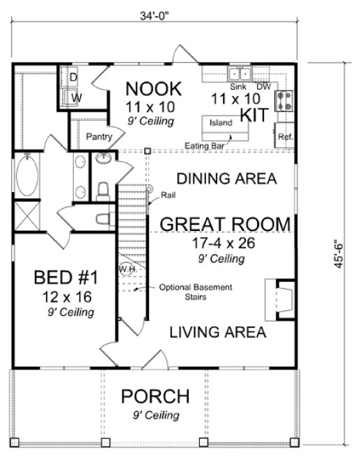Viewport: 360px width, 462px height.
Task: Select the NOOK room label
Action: [x=153, y=89]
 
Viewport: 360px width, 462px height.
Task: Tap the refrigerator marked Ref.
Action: [x=285, y=136]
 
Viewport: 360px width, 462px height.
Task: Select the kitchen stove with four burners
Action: [x=285, y=102]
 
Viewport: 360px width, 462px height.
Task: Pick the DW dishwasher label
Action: [x=264, y=87]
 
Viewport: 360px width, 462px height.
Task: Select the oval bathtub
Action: [x=28, y=176]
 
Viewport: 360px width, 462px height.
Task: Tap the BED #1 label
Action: [x=65, y=279]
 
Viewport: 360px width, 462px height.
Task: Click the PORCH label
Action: [x=155, y=397]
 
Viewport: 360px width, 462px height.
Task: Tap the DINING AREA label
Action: [x=226, y=178]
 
